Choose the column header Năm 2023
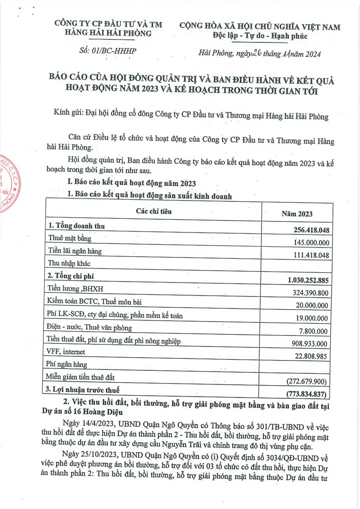[x=297, y=214]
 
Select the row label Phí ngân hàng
[x=68, y=364]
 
